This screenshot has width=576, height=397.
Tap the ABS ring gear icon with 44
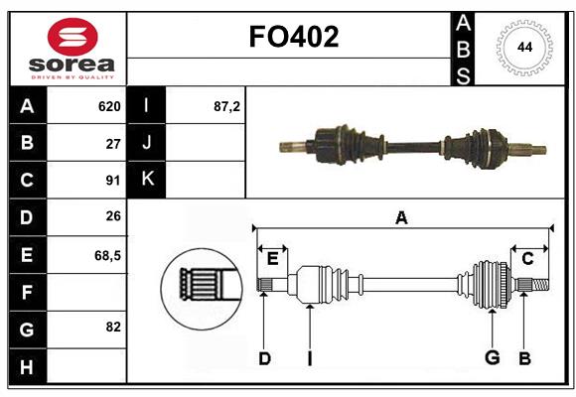(522, 47)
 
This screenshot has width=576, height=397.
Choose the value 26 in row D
(112, 217)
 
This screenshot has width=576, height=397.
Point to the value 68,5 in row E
(107, 255)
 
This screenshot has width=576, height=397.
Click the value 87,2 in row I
(226, 106)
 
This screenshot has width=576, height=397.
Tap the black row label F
(27, 292)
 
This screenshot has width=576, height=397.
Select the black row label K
(147, 180)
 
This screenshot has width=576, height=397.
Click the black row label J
(147, 143)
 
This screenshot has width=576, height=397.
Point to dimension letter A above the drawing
(401, 218)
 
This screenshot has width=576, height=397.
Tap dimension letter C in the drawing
(527, 259)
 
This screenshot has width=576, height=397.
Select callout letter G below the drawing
(491, 358)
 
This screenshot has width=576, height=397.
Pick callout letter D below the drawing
(264, 358)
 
